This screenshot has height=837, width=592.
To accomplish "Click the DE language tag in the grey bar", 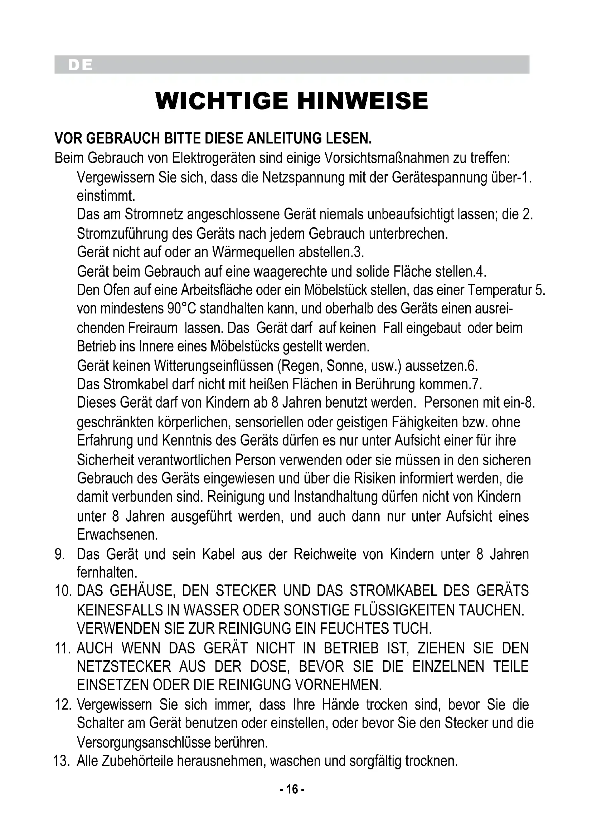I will pos(80,65).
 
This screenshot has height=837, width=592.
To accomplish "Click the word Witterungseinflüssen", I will pos(214,365).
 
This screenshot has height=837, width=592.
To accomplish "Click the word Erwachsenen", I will pos(117,534).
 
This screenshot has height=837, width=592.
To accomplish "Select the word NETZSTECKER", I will pos(124,666).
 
